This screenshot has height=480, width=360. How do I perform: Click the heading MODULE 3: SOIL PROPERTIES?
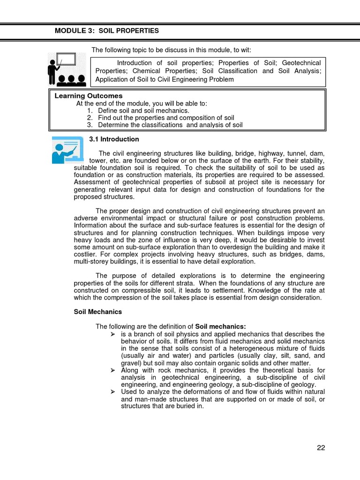coord(107,31)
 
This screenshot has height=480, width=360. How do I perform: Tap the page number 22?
coord(321,447)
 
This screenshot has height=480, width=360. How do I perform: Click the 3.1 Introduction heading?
coord(114,139)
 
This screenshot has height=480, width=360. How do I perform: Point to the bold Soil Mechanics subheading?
coord(98,312)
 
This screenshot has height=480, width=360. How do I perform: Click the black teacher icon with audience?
coord(67,69)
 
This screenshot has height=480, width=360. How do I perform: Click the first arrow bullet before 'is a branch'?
coord(112,334)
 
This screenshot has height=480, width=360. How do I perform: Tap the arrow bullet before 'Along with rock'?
coord(112,370)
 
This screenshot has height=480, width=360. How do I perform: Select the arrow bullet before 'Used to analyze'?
coord(112,392)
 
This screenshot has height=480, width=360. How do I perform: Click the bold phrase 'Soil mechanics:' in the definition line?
coord(220,326)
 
